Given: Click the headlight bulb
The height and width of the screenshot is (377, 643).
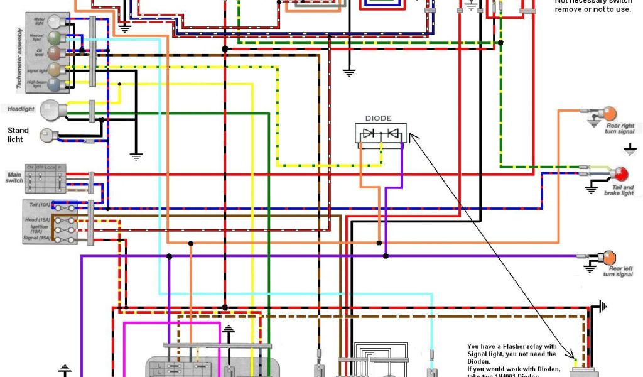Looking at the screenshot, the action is [x=50, y=111].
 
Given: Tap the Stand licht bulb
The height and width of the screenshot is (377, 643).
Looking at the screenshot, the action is [x=47, y=134].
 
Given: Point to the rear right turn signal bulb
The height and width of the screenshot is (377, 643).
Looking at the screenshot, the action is [x=610, y=114].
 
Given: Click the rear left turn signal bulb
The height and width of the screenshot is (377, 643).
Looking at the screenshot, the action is [x=608, y=258].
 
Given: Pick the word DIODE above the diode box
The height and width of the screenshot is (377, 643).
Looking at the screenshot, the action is [x=379, y=118].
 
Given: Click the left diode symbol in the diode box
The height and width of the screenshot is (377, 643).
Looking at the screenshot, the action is [x=370, y=133].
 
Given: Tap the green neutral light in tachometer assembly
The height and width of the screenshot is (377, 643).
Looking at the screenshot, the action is [x=55, y=39].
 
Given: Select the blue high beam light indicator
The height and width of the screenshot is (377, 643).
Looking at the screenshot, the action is [x=55, y=84].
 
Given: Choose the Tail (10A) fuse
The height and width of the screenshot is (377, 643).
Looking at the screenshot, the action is [x=64, y=207].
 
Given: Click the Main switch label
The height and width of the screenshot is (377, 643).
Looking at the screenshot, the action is [x=14, y=177].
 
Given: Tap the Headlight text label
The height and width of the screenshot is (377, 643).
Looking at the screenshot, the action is [x=21, y=109].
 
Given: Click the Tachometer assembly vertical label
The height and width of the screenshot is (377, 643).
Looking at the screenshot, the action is [x=19, y=58].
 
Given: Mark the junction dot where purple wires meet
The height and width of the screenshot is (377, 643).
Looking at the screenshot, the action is [x=386, y=256].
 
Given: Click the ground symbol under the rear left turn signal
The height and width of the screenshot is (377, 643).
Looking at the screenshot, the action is [x=590, y=268].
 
